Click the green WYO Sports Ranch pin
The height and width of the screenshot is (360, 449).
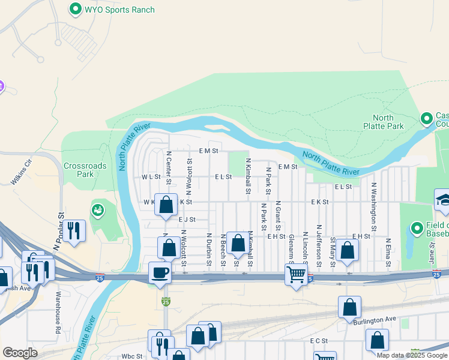(x=75, y=9)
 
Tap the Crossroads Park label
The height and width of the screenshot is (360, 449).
(x=85, y=170)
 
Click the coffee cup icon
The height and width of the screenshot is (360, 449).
(x=160, y=272)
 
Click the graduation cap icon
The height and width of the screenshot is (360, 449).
(x=443, y=199)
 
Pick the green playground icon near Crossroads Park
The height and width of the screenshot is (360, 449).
(x=97, y=210)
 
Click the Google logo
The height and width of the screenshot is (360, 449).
(x=20, y=353)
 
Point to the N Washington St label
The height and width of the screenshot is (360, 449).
(x=373, y=207)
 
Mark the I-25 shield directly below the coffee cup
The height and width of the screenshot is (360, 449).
(x=166, y=301)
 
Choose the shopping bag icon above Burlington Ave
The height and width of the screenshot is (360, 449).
(x=349, y=307)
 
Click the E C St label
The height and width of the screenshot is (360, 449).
(x=319, y=341)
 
